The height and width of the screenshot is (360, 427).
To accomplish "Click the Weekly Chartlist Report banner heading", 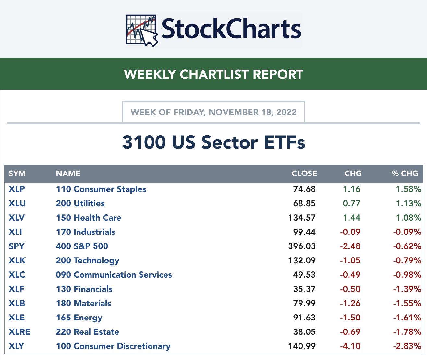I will [x=213, y=74].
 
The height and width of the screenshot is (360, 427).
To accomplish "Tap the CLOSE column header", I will [x=304, y=174].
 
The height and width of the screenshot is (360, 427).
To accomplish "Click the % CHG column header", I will [x=405, y=174].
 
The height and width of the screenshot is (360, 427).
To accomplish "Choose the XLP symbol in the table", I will [x=17, y=189].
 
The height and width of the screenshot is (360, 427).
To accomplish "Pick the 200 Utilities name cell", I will [x=80, y=203].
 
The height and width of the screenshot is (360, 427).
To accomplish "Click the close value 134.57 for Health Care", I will [x=302, y=218].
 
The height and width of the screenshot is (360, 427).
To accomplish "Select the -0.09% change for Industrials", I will [x=407, y=232].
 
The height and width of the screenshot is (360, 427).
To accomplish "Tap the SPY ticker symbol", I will [x=17, y=246].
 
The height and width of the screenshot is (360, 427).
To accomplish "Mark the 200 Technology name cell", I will [x=87, y=260].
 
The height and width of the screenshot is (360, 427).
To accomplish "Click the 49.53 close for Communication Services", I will [x=304, y=275].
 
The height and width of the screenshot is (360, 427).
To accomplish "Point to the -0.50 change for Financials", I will [x=350, y=289].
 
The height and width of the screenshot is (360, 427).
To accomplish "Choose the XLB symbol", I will [x=17, y=303].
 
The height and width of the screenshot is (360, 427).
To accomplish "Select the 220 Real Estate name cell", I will [x=87, y=332].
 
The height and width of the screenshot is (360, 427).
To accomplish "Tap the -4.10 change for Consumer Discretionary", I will [x=350, y=346].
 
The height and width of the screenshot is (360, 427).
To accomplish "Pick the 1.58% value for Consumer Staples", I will [x=408, y=189].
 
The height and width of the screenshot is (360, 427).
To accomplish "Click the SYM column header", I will [x=17, y=174].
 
